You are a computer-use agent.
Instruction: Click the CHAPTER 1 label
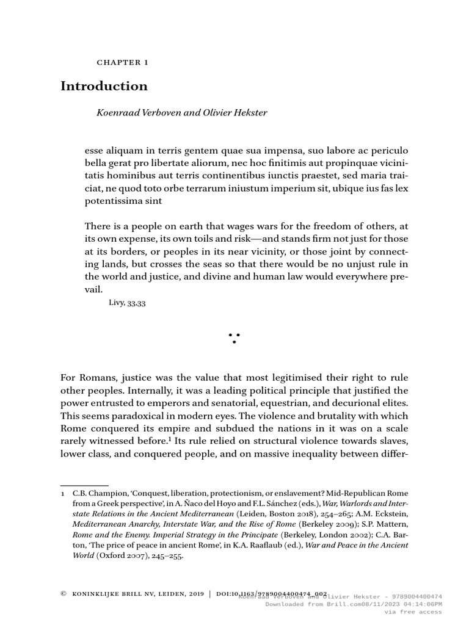123,62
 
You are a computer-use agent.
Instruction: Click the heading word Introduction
104,86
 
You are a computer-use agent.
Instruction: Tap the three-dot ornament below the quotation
234,338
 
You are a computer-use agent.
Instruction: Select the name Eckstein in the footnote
391,513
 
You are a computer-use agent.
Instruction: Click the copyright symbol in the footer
64,593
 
